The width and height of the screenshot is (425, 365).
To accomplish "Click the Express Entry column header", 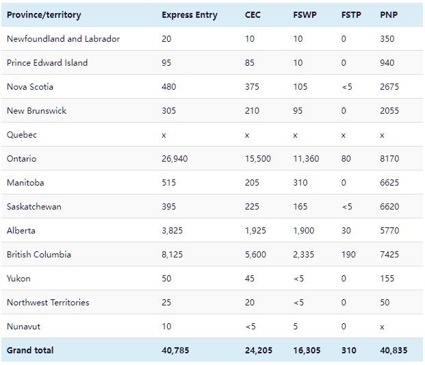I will tap(190, 15).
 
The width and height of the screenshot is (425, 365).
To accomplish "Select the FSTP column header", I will tap(352, 15).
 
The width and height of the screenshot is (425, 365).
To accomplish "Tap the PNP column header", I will tap(388, 15).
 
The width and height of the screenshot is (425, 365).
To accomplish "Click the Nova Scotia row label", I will tap(30, 87).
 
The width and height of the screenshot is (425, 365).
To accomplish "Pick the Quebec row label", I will tap(22, 135).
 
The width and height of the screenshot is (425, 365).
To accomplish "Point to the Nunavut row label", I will tap(24, 327).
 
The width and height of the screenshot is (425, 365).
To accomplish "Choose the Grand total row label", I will tap(30, 351).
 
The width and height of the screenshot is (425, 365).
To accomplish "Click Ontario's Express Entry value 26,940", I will tap(175, 159).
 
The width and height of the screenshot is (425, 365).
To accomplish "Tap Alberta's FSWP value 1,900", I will tap(303, 231).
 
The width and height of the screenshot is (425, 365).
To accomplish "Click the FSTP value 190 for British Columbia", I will tap(348, 255).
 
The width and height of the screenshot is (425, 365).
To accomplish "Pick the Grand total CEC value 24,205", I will tap(259, 351).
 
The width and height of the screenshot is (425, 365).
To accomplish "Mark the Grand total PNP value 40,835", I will tap(394, 351).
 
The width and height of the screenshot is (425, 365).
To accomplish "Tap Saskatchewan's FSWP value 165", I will tap(300, 207).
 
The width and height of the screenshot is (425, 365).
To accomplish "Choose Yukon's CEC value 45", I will tap(250, 279).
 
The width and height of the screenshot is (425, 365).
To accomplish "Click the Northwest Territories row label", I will tap(48, 303).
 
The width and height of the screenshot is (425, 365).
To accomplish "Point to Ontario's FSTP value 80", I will tap(346, 159).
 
